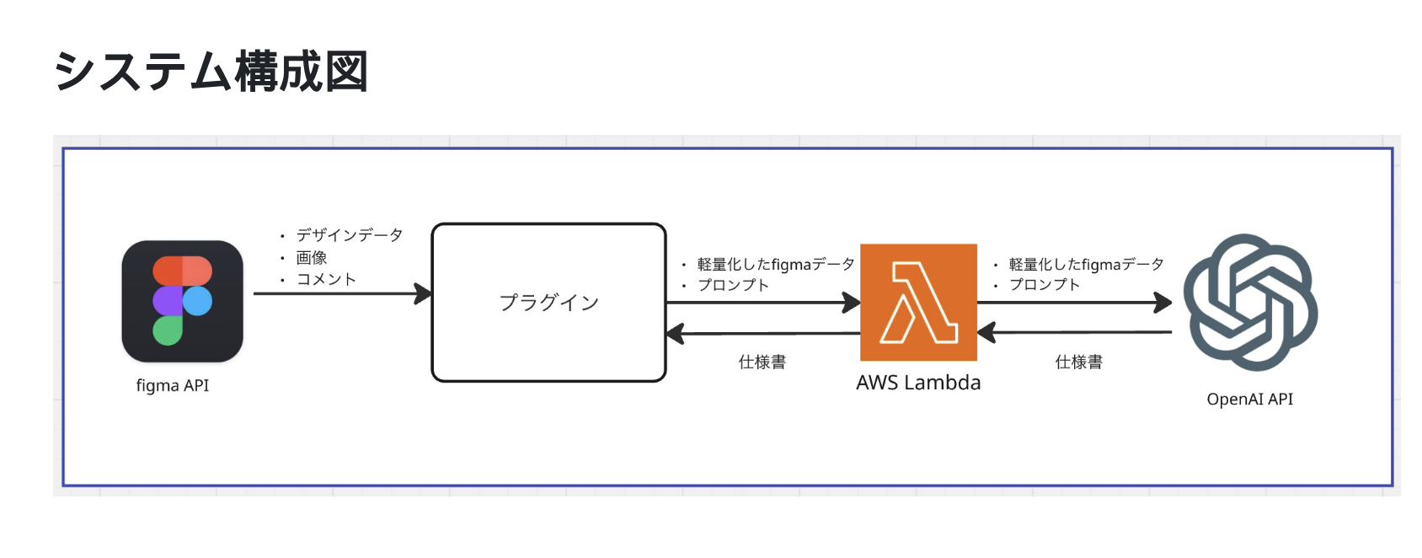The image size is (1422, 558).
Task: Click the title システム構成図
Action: (x=211, y=72)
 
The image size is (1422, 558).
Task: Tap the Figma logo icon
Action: (x=182, y=301)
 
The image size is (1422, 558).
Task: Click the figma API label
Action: (x=173, y=385)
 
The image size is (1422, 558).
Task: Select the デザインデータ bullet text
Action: (x=349, y=235)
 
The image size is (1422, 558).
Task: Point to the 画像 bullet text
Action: (x=311, y=257)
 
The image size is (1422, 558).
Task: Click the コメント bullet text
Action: (x=326, y=279)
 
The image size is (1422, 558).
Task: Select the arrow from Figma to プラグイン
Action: (x=341, y=294)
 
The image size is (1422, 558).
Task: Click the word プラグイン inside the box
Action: (x=548, y=303)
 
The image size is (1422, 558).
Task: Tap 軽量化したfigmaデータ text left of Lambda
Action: (x=775, y=265)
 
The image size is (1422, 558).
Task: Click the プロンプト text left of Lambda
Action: (x=733, y=285)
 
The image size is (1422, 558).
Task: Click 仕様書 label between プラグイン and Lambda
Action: (x=762, y=362)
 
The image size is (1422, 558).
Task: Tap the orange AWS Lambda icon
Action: (x=918, y=302)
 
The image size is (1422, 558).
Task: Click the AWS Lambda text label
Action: (x=918, y=383)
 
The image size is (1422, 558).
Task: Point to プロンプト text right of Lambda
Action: (x=1045, y=285)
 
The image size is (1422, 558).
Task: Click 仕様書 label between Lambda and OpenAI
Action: (x=1078, y=362)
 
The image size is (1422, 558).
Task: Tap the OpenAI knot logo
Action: (x=1250, y=302)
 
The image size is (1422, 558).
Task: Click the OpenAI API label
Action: (x=1249, y=399)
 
